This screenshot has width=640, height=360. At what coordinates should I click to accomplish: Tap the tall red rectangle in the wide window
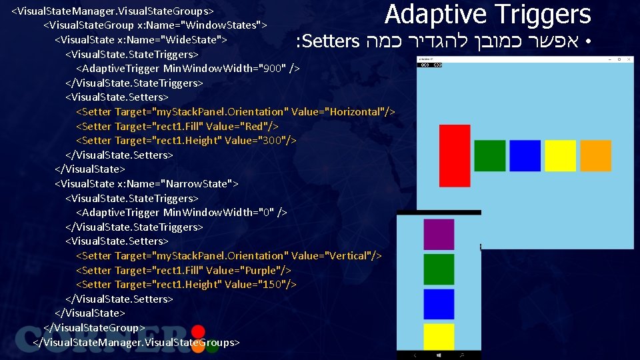pyautogui.click(x=455, y=156)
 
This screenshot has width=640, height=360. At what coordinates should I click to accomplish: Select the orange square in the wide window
pyautogui.click(x=595, y=156)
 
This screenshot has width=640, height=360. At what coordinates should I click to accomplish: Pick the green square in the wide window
pyautogui.click(x=490, y=156)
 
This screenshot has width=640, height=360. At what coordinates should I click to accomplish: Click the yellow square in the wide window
pyautogui.click(x=560, y=156)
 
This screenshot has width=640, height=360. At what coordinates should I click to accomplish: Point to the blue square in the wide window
pyautogui.click(x=525, y=156)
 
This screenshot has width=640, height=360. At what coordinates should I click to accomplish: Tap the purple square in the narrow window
pyautogui.click(x=439, y=234)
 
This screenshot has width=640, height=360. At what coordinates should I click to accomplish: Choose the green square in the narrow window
pyautogui.click(x=439, y=269)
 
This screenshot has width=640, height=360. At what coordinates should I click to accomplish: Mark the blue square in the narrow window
pyautogui.click(x=439, y=304)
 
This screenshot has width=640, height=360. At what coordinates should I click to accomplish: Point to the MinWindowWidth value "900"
pyautogui.click(x=273, y=69)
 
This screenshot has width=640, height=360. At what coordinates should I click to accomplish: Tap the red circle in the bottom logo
pyautogui.click(x=198, y=331)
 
